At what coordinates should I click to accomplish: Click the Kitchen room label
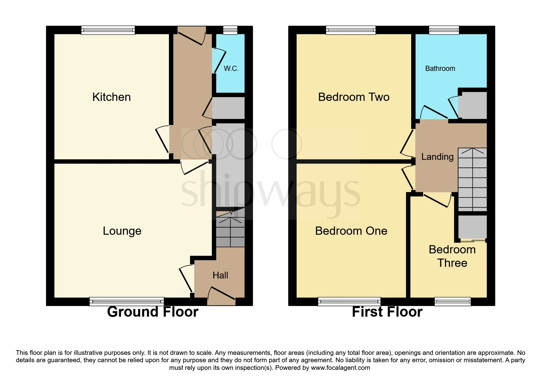(x=111, y=97)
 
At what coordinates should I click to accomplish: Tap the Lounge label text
(x=122, y=231)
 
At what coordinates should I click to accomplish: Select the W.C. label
(x=231, y=68)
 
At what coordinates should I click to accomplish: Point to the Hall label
(x=220, y=275)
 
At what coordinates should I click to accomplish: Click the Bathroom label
(x=440, y=68)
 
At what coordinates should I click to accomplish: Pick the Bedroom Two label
(x=354, y=97)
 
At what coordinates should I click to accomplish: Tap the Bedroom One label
(x=351, y=231)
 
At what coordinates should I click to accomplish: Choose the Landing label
(x=437, y=157)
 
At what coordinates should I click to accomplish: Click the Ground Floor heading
(x=153, y=312)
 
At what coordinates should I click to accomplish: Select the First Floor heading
(x=387, y=312)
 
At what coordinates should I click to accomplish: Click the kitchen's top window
(x=108, y=30)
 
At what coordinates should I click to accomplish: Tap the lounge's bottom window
(x=127, y=301)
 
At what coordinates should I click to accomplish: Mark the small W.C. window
(x=230, y=30)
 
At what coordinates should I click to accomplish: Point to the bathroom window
(x=444, y=30)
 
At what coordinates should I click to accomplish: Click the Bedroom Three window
(x=452, y=301)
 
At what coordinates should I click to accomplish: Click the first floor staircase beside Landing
(x=472, y=179)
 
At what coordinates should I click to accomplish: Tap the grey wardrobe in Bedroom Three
(x=472, y=227)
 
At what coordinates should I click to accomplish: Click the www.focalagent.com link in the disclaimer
(x=340, y=368)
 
